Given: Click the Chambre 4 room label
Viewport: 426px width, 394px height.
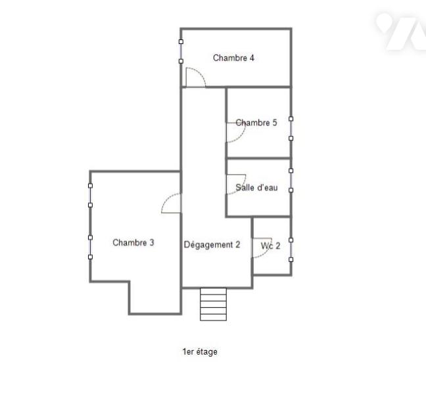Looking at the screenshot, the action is (233, 58).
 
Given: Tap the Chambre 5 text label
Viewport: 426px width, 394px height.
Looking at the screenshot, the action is (256, 123).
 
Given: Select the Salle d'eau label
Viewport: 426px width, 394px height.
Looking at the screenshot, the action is (256, 188).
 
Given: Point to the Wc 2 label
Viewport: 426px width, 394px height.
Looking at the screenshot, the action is (270, 246).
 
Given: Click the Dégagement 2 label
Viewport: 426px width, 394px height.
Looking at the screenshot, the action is (212, 245).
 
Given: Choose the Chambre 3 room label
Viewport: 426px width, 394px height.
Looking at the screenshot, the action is (133, 242).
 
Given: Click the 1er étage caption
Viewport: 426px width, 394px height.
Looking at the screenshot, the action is (200, 352).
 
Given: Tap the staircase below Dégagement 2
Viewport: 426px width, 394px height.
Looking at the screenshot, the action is (213, 304).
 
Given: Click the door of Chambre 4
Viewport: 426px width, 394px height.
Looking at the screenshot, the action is (196, 77).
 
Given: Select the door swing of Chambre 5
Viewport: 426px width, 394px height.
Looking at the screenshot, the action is (236, 133).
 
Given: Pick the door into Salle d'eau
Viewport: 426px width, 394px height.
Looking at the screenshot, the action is (236, 185).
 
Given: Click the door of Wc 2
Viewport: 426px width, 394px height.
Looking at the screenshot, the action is (262, 248).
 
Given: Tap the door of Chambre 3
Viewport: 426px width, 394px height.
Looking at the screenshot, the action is (171, 203).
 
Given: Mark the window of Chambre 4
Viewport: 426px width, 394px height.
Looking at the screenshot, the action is (181, 52).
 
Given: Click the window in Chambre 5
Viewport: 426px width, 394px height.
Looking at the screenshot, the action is (291, 129).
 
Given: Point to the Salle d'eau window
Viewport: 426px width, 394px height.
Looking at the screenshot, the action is (291, 181).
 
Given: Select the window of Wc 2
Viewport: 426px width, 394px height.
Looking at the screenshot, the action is (291, 250).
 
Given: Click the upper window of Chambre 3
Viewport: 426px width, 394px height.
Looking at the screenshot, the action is (90, 196).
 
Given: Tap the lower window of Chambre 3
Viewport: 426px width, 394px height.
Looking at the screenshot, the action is (90, 247).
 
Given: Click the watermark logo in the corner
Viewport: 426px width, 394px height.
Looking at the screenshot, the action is (401, 32).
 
